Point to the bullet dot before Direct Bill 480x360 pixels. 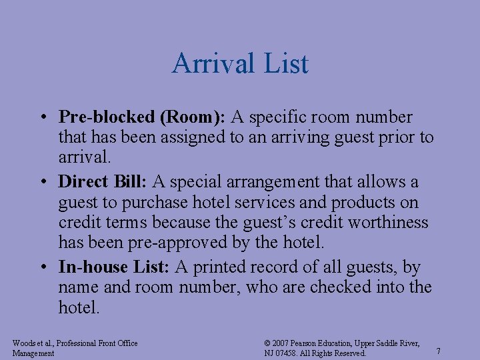click(x=42, y=181)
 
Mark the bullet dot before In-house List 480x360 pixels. click(x=42, y=267)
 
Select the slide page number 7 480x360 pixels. click(x=438, y=351)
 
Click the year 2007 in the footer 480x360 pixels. click(x=281, y=343)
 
